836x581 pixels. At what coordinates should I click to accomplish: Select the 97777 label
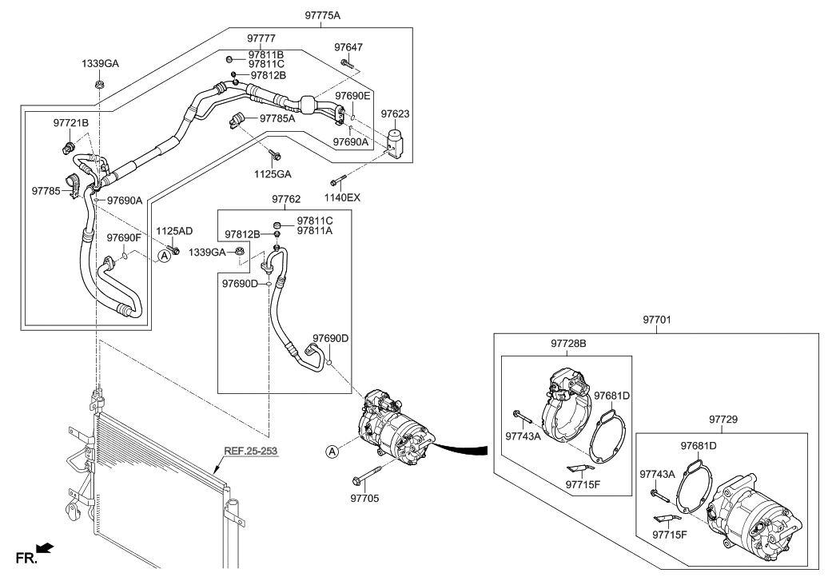pyautogui.click(x=261, y=38)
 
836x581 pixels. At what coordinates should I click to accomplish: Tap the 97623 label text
pyautogui.click(x=395, y=114)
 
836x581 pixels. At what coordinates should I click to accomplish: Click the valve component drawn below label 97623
pyautogui.click(x=395, y=141)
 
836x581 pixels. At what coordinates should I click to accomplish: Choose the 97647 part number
pyautogui.click(x=348, y=48)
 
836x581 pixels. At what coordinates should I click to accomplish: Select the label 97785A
pyautogui.click(x=277, y=118)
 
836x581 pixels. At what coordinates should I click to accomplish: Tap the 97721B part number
pyautogui.click(x=71, y=123)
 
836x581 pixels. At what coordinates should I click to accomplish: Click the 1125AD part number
pyautogui.click(x=174, y=231)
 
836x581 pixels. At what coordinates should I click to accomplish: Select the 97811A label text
pyautogui.click(x=315, y=230)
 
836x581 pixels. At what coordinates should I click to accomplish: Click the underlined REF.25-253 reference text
pyautogui.click(x=250, y=452)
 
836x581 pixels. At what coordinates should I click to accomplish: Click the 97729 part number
pyautogui.click(x=723, y=419)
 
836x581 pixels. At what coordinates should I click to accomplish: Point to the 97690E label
pyautogui.click(x=352, y=96)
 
